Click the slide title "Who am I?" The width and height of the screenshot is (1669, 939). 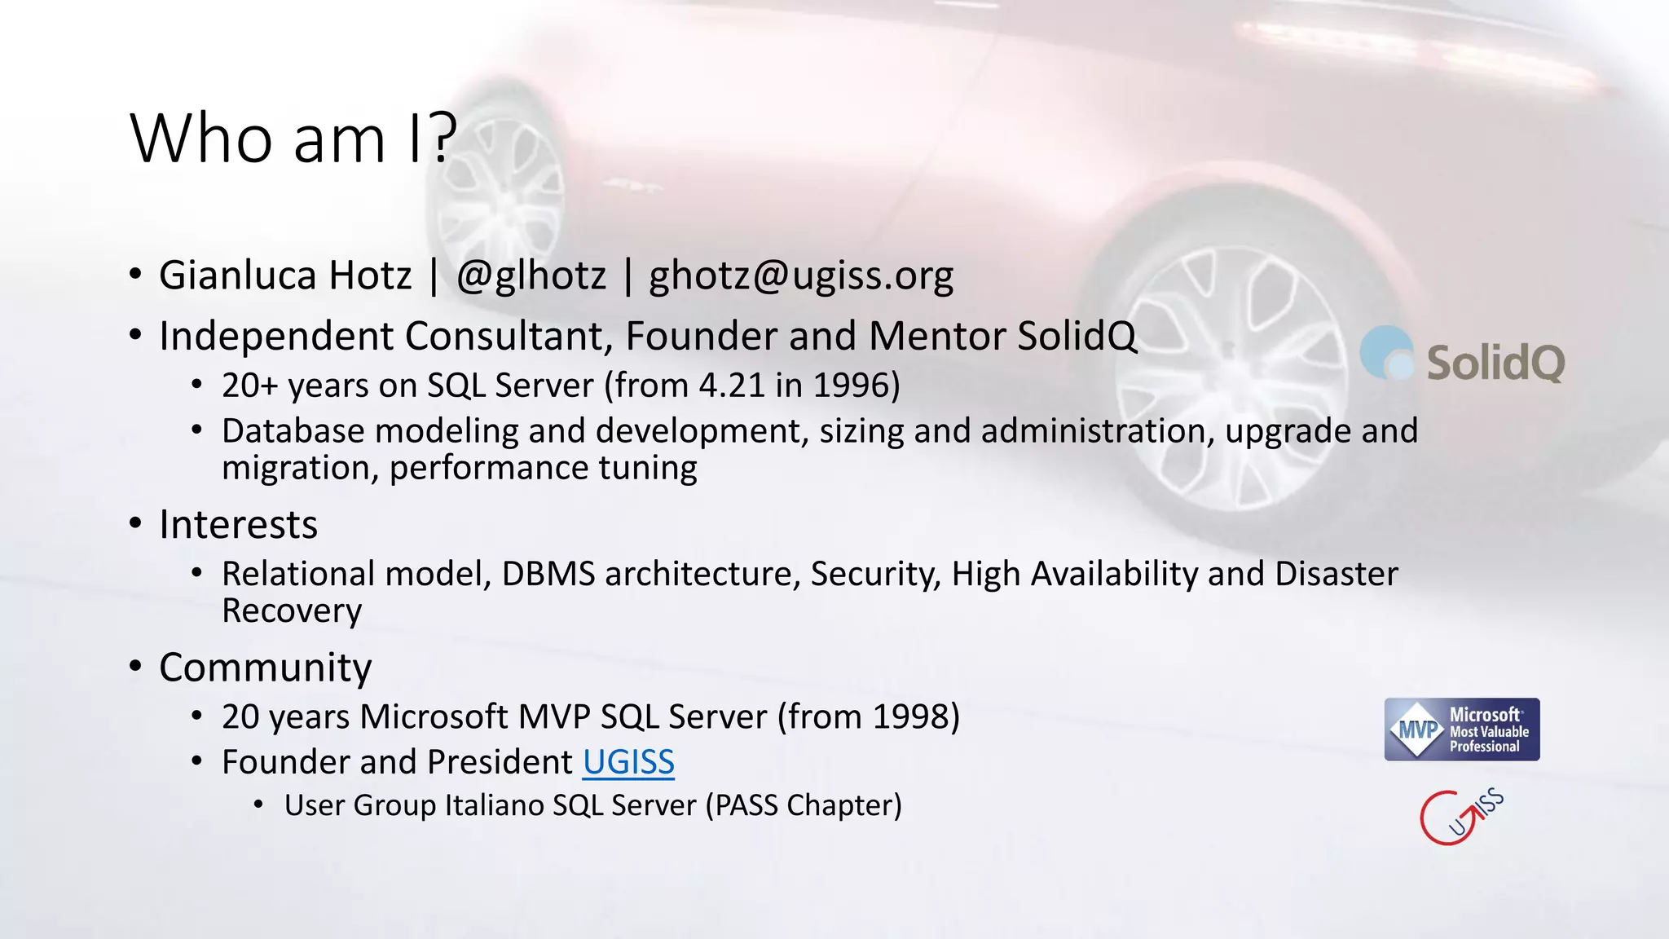[293, 139]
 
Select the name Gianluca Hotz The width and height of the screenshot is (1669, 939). [285, 276]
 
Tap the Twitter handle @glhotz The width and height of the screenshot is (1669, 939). [531, 276]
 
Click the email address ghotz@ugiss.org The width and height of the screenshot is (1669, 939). [801, 276]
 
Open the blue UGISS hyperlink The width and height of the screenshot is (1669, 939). [628, 762]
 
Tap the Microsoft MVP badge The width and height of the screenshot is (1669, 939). [1462, 730]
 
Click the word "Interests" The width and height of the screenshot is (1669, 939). [238, 524]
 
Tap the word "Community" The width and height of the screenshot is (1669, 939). [265, 668]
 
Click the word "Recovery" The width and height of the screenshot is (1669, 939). [292, 611]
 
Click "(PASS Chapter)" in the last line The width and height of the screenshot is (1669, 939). [804, 805]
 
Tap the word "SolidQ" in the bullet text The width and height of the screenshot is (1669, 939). [1077, 336]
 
